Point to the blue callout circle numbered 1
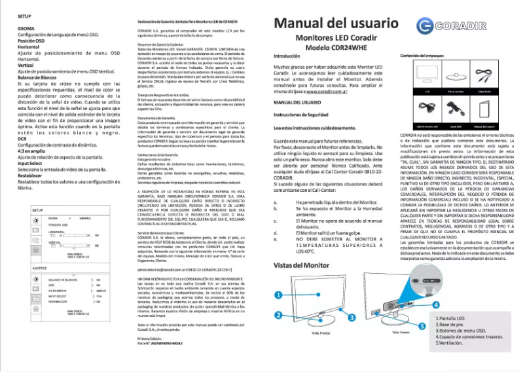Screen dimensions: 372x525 [278, 295]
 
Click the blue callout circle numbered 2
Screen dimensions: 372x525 [278, 315]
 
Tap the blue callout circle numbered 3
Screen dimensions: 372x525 [351, 316]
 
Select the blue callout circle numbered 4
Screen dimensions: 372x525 [436, 305]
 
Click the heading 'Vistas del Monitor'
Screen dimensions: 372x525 [300, 266]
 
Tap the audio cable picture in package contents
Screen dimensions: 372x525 [486, 75]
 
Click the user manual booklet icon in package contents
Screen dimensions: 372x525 [486, 108]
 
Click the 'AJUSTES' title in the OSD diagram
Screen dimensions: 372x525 [40, 269]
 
